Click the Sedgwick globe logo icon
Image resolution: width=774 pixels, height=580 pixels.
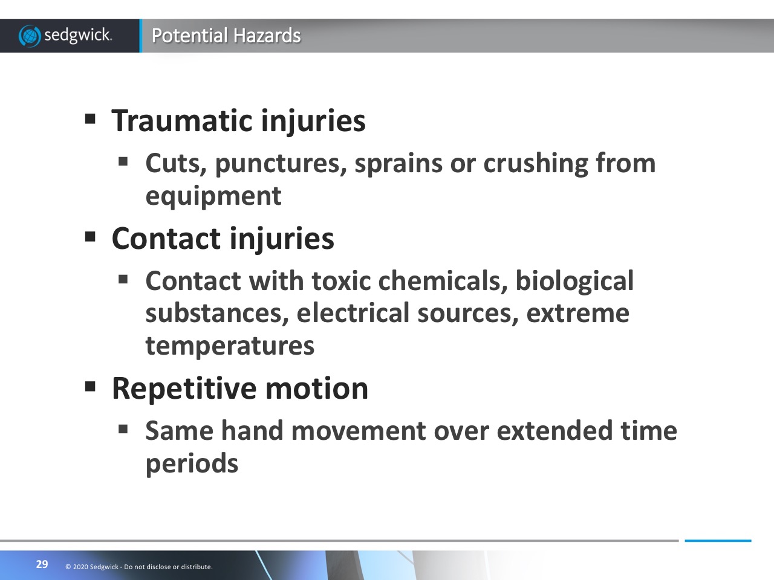[x=30, y=36]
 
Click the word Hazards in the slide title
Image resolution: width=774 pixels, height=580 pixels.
[x=267, y=36]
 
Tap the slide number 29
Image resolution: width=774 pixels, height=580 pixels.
[x=42, y=564]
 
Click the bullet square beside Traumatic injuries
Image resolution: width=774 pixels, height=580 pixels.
[x=90, y=118]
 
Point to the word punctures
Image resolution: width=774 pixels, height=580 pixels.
[x=281, y=164]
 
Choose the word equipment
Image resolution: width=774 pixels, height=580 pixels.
[x=213, y=197]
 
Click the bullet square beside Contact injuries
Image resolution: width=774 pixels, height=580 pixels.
[x=90, y=237]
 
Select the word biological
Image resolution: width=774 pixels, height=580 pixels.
[x=574, y=282]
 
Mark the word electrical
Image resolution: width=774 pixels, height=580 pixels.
[x=353, y=313]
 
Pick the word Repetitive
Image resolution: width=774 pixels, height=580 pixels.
[x=184, y=389]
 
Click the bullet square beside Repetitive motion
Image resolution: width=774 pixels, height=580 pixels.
[x=90, y=387]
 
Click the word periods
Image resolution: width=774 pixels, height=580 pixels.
[x=192, y=464]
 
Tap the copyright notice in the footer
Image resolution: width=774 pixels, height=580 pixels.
[x=139, y=567]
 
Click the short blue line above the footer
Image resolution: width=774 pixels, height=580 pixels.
[x=718, y=541]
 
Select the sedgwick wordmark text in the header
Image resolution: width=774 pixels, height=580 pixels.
[x=78, y=36]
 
